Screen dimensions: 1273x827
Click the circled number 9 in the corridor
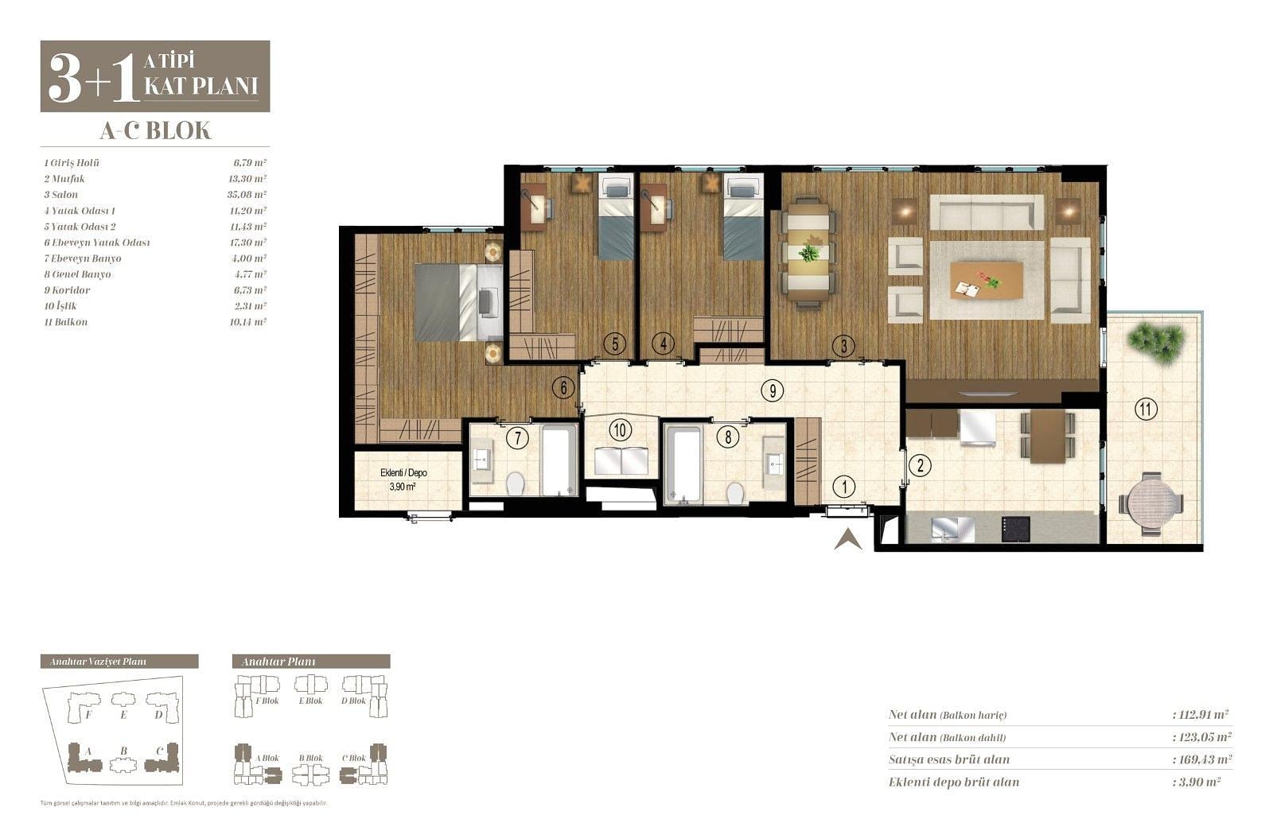pos(773,390)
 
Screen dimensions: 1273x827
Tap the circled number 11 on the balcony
pos(1146,409)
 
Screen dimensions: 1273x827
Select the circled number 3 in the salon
pos(843,346)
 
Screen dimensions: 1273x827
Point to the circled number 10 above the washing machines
pos(620,430)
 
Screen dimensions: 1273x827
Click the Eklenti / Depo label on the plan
pos(403,472)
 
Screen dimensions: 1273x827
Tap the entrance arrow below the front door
pos(848,539)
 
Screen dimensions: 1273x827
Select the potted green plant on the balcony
pos(1156,341)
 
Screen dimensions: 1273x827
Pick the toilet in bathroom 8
pos(735,492)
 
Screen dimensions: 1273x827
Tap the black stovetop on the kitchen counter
pos(1015,528)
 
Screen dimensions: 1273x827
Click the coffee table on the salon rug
pos(987,280)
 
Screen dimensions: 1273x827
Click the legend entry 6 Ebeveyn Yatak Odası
pos(96,243)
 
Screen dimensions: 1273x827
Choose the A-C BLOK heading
pos(155,130)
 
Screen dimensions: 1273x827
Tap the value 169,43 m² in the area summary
pos(1202,759)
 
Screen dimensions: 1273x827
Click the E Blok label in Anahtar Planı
pos(310,701)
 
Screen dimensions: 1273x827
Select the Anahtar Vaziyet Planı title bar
pos(119,661)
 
